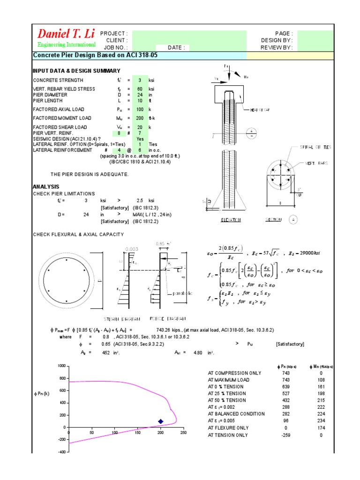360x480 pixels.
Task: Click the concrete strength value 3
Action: [139, 80]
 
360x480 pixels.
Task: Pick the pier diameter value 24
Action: [139, 95]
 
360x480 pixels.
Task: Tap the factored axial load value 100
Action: [139, 109]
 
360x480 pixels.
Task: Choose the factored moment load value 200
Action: [139, 118]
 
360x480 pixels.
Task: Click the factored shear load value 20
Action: [139, 127]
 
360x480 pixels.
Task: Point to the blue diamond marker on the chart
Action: [161, 421]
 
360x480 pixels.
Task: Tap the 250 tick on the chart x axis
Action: [183, 433]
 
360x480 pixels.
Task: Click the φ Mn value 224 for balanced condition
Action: [321, 414]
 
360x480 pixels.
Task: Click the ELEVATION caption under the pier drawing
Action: [230, 219]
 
